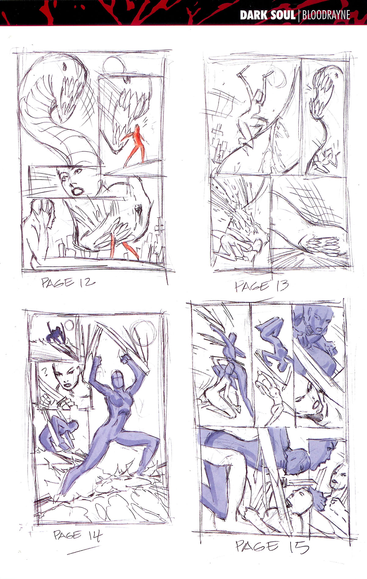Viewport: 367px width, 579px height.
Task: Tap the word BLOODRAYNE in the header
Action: click(x=326, y=15)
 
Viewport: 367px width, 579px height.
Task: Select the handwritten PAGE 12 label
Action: click(x=68, y=283)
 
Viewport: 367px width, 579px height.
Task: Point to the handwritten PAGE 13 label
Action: click(x=261, y=286)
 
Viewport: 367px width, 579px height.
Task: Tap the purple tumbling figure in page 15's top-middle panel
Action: click(x=274, y=342)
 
